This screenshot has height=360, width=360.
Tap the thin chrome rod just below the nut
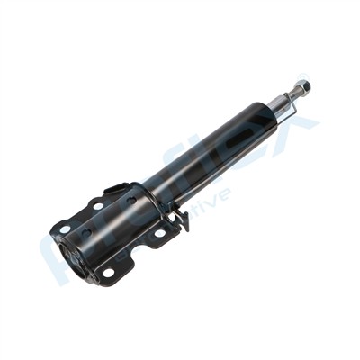(294, 95)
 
